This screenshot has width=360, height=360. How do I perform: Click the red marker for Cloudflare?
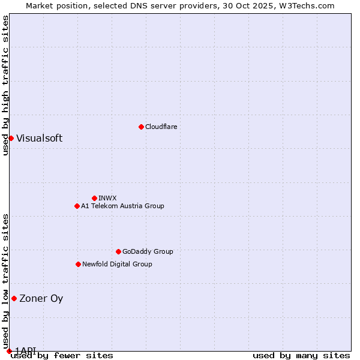141,127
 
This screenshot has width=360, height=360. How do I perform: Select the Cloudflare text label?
161,127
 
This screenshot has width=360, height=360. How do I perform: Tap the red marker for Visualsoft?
11,138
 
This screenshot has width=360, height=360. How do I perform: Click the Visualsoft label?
39,138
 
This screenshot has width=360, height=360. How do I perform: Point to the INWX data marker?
94,198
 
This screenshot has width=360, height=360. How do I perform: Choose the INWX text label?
107,198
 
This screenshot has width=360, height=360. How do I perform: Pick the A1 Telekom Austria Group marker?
77,206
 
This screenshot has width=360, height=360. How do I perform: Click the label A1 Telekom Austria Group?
122,206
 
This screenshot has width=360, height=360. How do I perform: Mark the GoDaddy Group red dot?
118,251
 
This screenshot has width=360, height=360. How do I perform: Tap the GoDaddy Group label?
147,251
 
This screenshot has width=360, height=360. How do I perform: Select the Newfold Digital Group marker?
78,264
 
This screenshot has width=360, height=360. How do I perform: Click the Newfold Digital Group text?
117,264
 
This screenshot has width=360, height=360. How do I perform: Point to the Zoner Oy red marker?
14,298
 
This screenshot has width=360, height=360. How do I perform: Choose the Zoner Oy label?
41,298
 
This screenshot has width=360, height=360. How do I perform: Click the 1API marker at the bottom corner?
9,350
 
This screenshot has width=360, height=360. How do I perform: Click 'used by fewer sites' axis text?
62,356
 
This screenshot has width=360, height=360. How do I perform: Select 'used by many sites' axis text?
301,356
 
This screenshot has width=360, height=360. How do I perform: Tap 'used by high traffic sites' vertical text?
5,86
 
